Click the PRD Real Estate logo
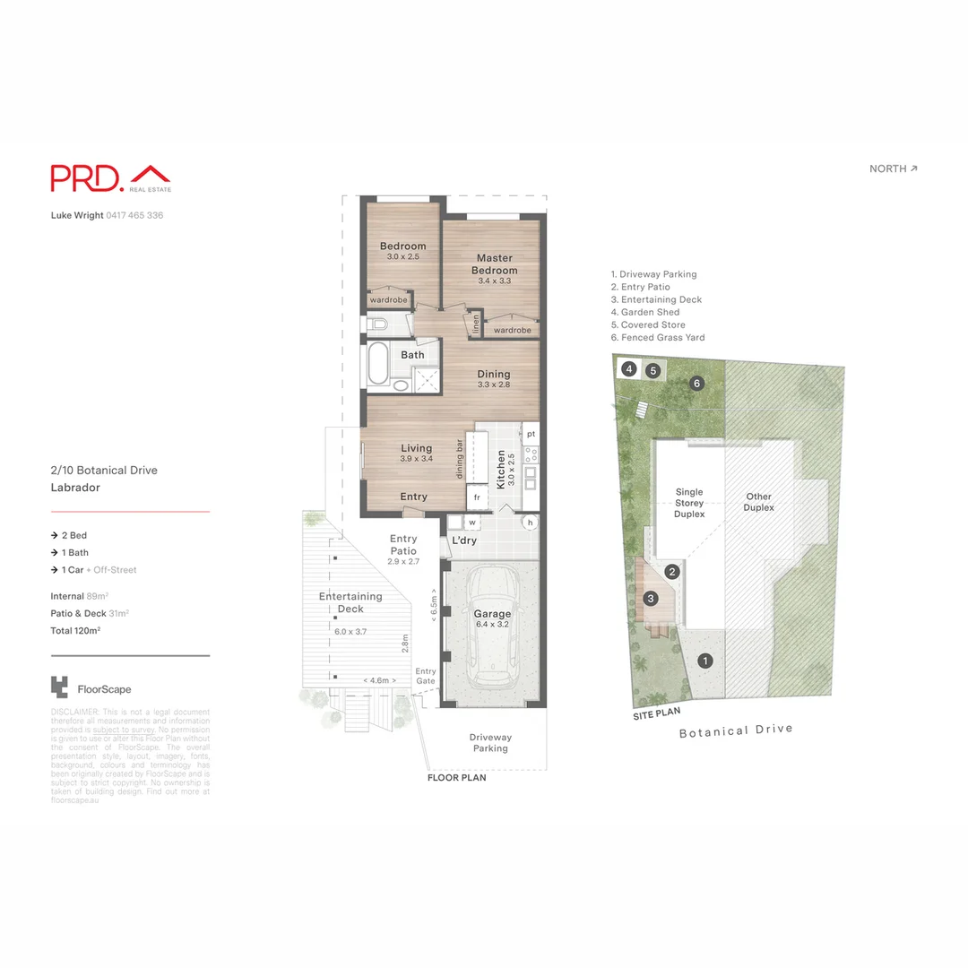(x=110, y=177)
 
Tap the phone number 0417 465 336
(x=134, y=215)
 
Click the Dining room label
(x=493, y=375)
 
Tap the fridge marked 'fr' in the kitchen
(x=477, y=496)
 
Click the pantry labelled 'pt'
(x=531, y=434)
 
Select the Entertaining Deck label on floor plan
(x=350, y=602)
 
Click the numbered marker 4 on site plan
(x=630, y=368)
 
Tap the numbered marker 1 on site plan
(x=705, y=661)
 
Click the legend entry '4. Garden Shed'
(x=645, y=312)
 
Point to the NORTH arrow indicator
(x=894, y=169)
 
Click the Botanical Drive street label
(x=736, y=730)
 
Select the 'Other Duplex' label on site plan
(x=758, y=502)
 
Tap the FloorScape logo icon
(x=59, y=687)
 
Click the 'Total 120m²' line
(x=75, y=631)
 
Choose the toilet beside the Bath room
(x=376, y=324)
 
